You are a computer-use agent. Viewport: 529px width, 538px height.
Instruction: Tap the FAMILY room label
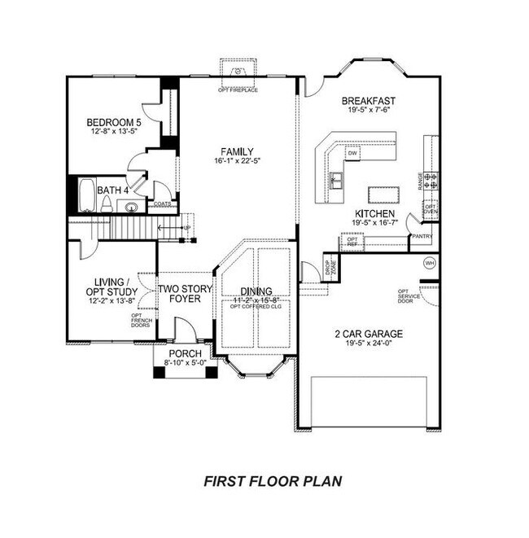(x=238, y=151)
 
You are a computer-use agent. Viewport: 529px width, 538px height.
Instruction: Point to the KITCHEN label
(x=374, y=212)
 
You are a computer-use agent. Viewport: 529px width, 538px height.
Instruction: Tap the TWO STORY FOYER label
(x=185, y=294)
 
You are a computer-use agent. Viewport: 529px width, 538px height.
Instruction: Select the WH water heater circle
(x=431, y=264)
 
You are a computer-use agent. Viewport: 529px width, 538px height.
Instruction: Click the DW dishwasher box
(x=353, y=153)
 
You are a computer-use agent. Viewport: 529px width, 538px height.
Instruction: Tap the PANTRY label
(x=422, y=237)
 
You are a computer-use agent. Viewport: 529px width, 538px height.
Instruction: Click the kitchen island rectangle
(x=386, y=194)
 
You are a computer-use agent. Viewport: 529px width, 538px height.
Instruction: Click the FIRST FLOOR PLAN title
(x=271, y=481)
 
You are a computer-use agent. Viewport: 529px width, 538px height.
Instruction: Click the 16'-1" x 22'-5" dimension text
(x=238, y=162)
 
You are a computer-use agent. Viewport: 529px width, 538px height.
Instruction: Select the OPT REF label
(x=351, y=240)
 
